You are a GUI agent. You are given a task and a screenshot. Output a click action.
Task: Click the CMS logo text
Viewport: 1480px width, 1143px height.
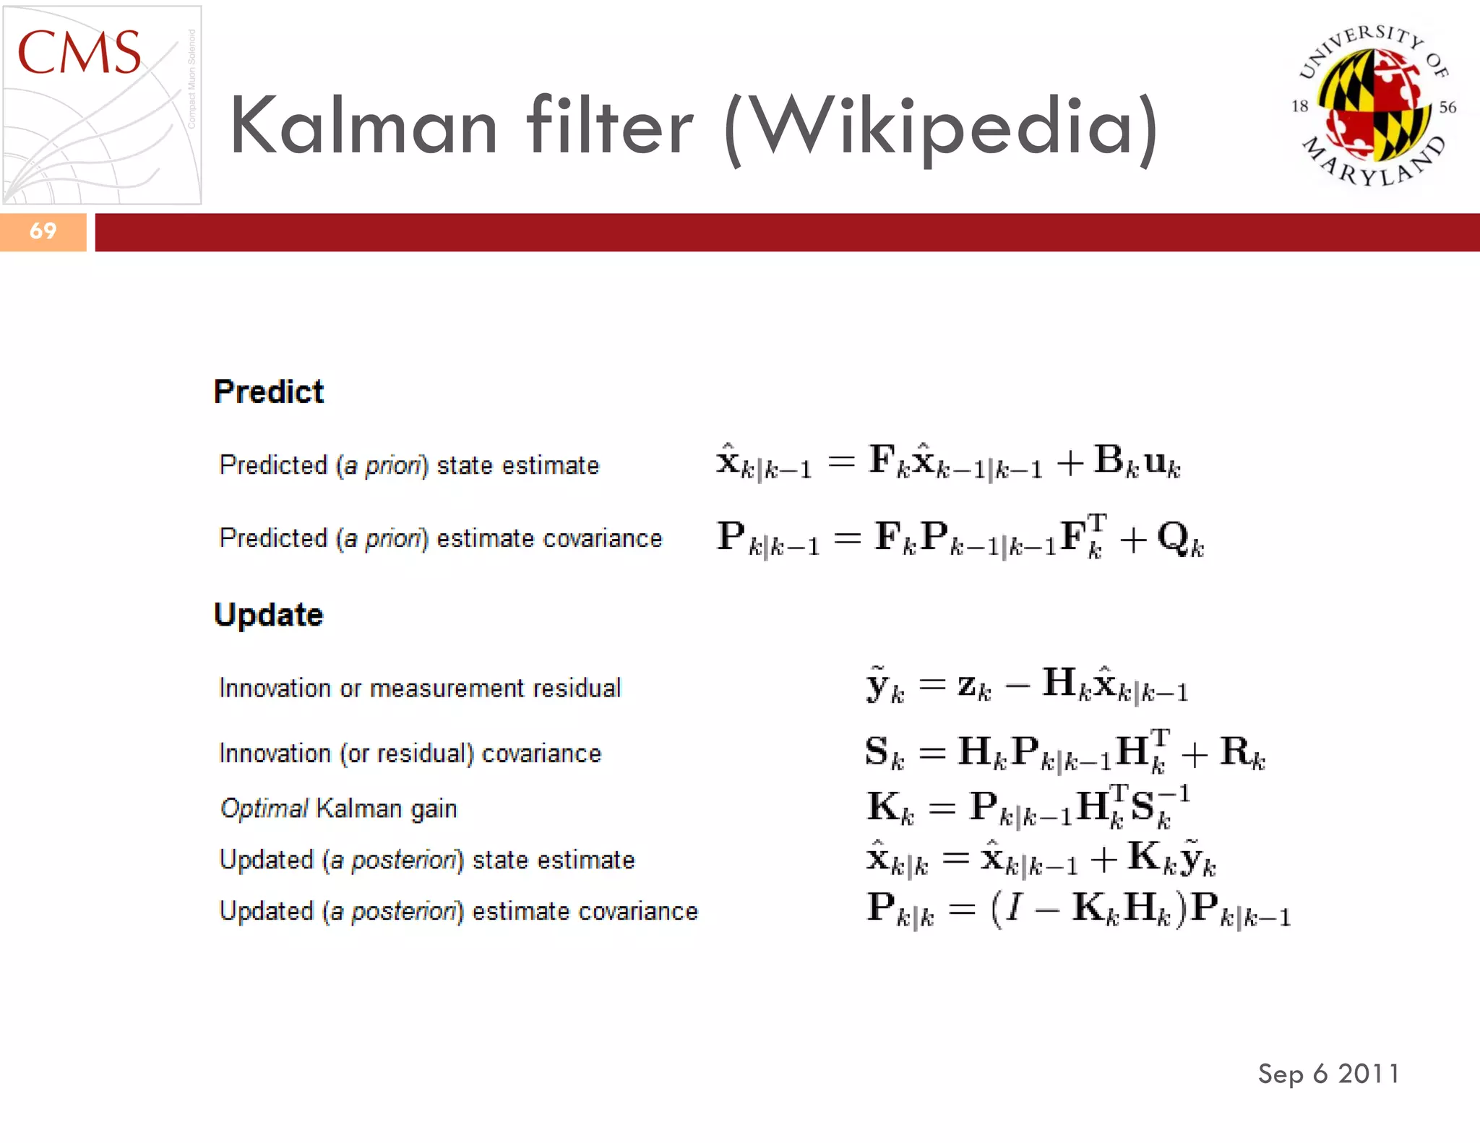pyautogui.click(x=79, y=53)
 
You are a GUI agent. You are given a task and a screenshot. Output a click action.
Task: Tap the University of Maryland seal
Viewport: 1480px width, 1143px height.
pyautogui.click(x=1374, y=105)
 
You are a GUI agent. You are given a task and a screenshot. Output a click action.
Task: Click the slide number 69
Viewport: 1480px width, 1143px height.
pyautogui.click(x=43, y=231)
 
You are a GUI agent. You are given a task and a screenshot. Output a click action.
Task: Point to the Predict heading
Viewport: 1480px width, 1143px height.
pyautogui.click(x=269, y=392)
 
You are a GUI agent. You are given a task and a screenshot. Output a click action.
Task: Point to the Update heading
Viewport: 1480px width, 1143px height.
pyautogui.click(x=269, y=616)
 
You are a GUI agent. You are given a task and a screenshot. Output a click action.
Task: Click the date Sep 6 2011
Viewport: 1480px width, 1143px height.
pyautogui.click(x=1328, y=1074)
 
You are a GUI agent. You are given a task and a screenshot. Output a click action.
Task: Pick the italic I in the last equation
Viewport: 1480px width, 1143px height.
pyautogui.click(x=1015, y=907)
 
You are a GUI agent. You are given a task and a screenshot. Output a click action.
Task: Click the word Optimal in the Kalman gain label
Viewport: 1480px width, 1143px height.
pyautogui.click(x=264, y=808)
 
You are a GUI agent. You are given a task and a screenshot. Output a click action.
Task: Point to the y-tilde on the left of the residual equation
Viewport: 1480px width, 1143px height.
pyautogui.click(x=877, y=685)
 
